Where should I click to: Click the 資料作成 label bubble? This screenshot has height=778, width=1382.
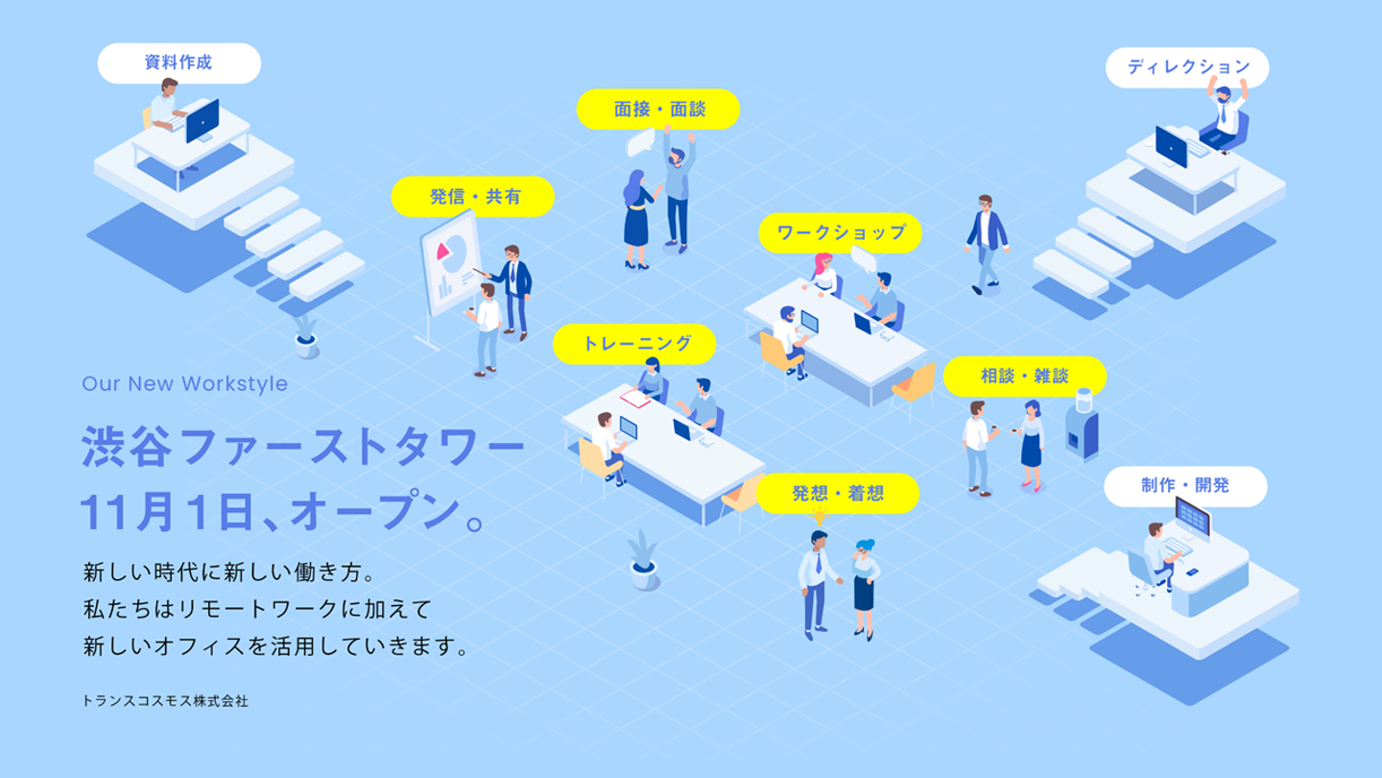(179, 63)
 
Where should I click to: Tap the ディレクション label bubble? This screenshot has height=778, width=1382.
(1187, 67)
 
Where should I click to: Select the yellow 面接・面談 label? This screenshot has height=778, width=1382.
(658, 109)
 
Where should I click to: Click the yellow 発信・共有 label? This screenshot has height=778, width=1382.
(473, 196)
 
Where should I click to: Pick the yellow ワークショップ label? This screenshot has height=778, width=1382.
(841, 232)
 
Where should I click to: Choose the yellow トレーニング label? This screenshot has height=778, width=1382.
(634, 344)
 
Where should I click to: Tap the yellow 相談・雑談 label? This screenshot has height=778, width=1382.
(1025, 377)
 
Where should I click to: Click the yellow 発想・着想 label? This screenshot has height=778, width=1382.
(837, 494)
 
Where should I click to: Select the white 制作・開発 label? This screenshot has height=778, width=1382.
(1185, 486)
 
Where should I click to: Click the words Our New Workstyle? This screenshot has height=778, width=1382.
(184, 383)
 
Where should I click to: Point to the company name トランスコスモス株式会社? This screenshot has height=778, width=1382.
(165, 701)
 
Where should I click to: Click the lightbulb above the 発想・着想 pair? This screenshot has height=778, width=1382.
(820, 516)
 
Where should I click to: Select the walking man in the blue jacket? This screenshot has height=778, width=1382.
(987, 245)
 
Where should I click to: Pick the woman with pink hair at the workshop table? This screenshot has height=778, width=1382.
(824, 275)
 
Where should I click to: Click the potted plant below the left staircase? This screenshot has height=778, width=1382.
(305, 336)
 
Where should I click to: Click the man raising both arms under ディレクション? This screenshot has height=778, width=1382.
(1226, 115)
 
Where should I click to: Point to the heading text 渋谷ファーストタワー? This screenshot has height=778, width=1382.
(303, 447)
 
